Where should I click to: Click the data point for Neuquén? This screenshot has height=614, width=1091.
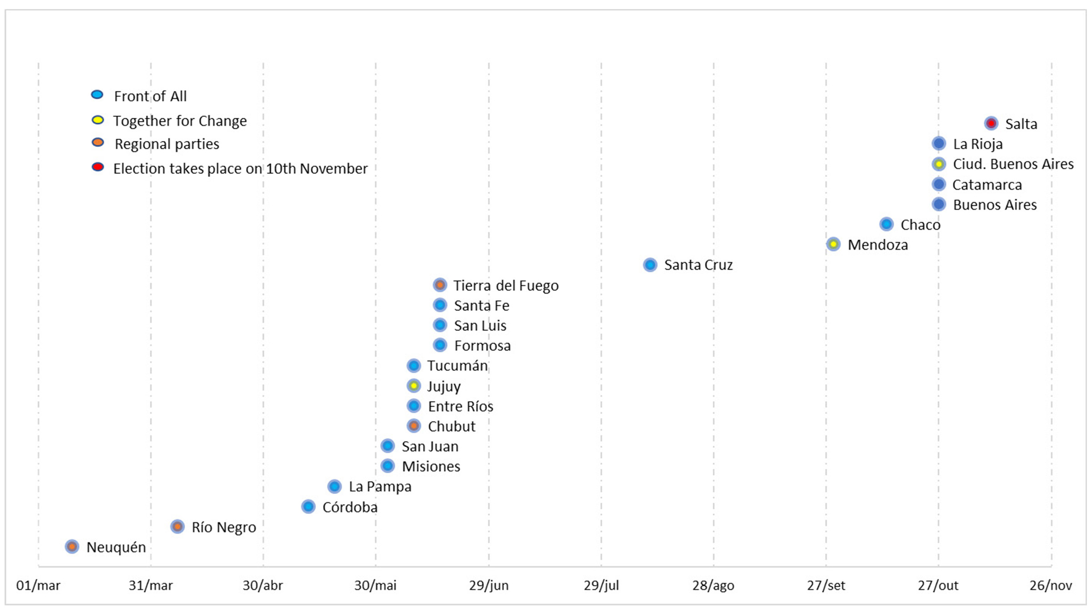(x=72, y=546)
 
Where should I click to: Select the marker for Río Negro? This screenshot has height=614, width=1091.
(x=177, y=527)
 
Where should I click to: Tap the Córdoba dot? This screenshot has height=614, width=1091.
(x=308, y=506)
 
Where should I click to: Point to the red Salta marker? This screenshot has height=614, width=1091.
(x=991, y=123)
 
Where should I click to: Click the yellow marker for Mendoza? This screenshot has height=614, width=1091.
(x=833, y=244)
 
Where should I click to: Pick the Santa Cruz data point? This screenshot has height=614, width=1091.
(x=650, y=265)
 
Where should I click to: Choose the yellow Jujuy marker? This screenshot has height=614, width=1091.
(x=414, y=386)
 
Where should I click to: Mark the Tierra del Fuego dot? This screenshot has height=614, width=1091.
(x=440, y=285)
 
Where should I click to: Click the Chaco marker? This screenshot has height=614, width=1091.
(x=886, y=224)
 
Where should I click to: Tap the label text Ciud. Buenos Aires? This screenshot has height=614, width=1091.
(x=1013, y=164)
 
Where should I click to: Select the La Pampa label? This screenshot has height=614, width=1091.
(x=380, y=487)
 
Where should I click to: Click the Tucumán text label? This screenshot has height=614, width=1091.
(x=457, y=366)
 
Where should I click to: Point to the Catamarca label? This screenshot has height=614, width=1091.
(x=987, y=185)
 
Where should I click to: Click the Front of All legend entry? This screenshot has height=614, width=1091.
(x=150, y=96)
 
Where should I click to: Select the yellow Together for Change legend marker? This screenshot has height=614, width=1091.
(x=98, y=121)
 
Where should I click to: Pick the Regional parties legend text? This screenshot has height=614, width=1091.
(x=167, y=144)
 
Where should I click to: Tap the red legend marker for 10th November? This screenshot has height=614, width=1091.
(x=98, y=167)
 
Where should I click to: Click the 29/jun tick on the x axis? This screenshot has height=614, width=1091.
(x=489, y=585)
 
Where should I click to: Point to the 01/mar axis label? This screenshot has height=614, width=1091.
(x=38, y=585)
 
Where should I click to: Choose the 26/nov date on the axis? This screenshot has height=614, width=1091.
(x=1051, y=585)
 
